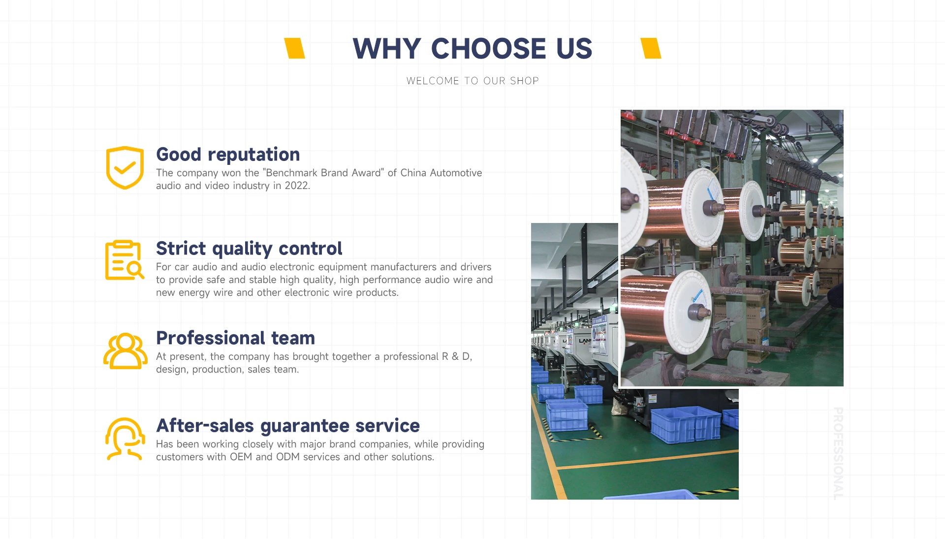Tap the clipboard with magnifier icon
click(x=125, y=260)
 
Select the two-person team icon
click(x=126, y=350)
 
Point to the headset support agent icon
click(x=125, y=439)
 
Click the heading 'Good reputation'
click(x=228, y=155)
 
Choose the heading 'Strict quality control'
click(x=249, y=249)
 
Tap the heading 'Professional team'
click(x=235, y=338)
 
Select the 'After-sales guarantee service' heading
click(x=288, y=426)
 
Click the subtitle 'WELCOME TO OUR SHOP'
click(x=472, y=81)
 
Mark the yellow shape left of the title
click(x=295, y=48)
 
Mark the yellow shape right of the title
click(x=651, y=48)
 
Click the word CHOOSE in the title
click(x=488, y=49)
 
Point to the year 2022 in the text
click(x=297, y=186)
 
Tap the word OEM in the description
click(x=241, y=457)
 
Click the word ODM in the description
click(x=288, y=457)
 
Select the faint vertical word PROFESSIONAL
click(x=838, y=453)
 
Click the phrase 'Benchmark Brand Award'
click(x=323, y=173)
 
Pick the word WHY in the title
click(x=387, y=49)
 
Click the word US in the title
click(x=574, y=49)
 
